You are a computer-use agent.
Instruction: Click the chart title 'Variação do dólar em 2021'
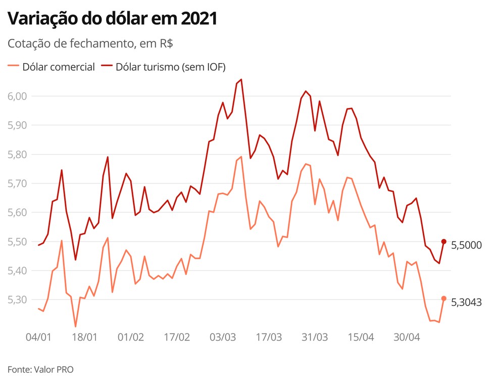click(x=112, y=19)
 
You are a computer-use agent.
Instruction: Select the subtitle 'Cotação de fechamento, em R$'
click(x=90, y=44)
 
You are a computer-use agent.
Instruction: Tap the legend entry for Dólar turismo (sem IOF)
click(x=164, y=67)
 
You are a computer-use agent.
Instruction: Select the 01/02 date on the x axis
click(x=131, y=337)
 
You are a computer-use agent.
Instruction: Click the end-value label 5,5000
click(x=466, y=246)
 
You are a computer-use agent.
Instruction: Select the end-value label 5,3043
click(x=466, y=303)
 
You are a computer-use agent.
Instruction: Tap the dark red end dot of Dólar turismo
click(x=444, y=242)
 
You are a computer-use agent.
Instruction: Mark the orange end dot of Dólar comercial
click(x=444, y=299)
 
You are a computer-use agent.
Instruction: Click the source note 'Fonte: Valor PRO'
click(x=40, y=369)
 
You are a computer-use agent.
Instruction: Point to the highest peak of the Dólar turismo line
click(x=241, y=79)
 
